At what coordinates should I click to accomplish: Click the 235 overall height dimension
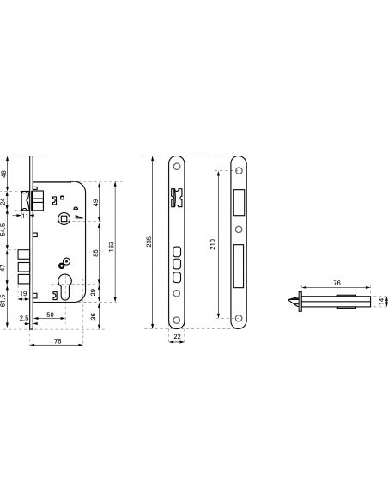tap(149, 242)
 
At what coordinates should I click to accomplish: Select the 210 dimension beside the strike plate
tap(213, 244)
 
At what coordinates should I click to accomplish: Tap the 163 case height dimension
tap(112, 246)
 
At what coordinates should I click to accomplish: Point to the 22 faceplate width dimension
tap(177, 336)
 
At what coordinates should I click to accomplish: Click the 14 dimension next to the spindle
tap(381, 301)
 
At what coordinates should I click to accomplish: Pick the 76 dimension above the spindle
tap(336, 283)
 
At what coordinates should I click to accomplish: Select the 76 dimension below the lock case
tap(58, 341)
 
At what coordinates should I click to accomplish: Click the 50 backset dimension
tap(50, 315)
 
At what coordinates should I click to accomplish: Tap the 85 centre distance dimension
tap(95, 254)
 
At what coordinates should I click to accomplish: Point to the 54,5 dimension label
tap(3, 230)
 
